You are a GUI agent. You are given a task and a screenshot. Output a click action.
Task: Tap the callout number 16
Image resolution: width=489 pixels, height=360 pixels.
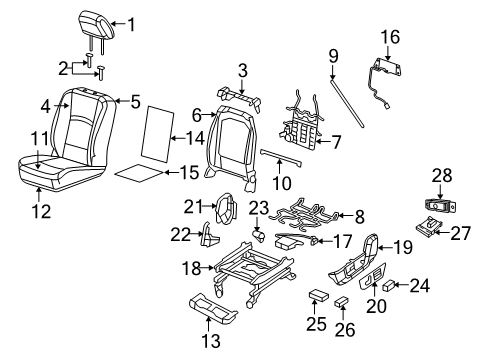(x=390, y=36)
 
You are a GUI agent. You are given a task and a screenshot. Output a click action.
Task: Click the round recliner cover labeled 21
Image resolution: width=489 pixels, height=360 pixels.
(x=229, y=211)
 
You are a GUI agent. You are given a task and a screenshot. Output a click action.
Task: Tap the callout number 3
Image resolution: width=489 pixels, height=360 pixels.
(x=242, y=69)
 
